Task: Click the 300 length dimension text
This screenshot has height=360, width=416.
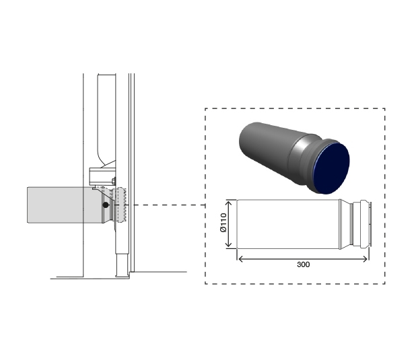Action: [x=303, y=264]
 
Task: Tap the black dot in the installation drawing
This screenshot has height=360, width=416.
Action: [x=106, y=205]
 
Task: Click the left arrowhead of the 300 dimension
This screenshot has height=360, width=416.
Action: [x=239, y=257]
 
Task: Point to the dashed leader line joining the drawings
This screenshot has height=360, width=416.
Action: [x=168, y=205]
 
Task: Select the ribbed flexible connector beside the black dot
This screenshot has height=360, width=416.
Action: [x=121, y=206]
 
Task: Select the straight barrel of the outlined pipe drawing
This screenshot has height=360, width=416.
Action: [x=289, y=225]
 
